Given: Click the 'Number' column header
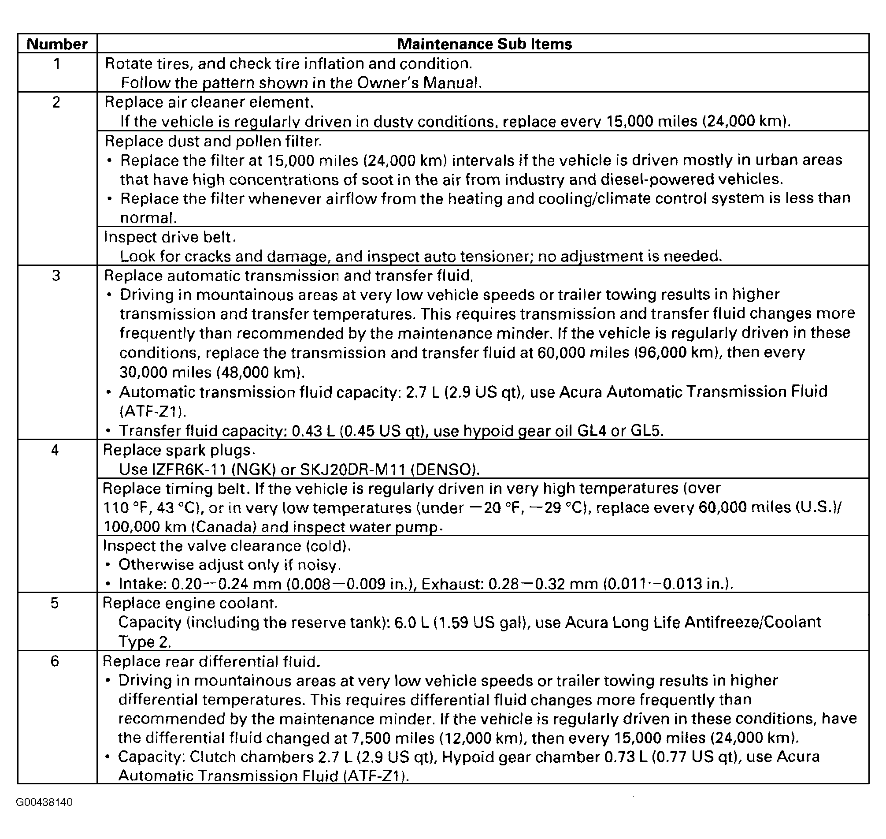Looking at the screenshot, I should pos(57,44).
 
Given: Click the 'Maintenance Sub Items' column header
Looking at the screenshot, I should pos(484,44).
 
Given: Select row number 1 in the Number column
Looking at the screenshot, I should pos(57,63).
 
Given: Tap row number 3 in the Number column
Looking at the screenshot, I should pos(56,276).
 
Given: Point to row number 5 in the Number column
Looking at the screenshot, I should pos(55,603).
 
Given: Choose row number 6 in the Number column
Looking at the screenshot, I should pos(55,661).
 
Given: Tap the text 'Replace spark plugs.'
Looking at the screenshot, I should pos(179,450).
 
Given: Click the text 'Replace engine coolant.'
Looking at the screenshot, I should pos(190,603).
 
